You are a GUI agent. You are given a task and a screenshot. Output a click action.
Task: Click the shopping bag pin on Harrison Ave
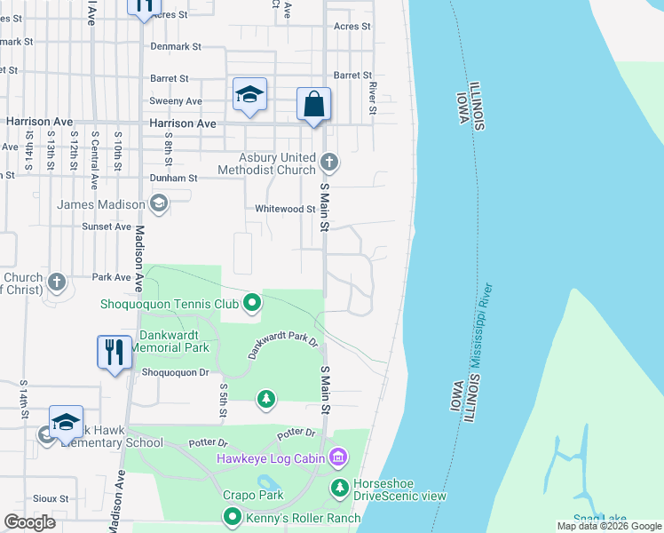pos(314,104)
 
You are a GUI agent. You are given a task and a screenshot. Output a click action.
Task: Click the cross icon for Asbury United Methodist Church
pos(329,162)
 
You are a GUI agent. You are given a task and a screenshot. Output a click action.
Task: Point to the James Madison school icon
pos(158,205)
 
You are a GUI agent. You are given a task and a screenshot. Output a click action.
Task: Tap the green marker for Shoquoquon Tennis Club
pos(251,304)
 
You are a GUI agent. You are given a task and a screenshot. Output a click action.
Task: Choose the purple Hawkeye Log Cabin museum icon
pos(337,458)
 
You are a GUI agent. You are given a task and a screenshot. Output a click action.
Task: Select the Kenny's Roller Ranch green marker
pos(233,516)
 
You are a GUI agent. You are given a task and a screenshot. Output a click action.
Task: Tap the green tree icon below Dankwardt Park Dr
pos(265,399)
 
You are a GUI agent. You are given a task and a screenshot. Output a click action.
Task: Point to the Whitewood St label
pos(285,209)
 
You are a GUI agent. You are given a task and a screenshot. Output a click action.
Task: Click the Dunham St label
pos(173,178)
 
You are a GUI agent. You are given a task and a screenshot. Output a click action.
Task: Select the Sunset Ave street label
pos(107,227)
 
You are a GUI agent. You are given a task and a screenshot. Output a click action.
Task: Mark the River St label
pos(373,91)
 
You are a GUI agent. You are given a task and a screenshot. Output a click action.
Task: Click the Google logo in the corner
pos(30,522)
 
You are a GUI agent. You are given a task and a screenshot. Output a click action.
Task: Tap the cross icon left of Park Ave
pos(57,282)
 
